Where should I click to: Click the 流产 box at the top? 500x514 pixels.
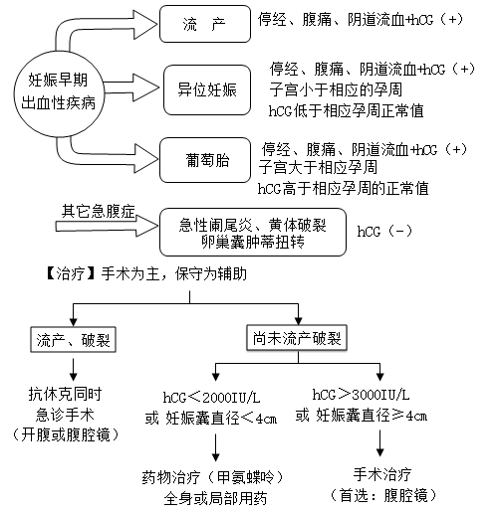tap(205, 24)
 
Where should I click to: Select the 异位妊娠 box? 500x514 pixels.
tap(207, 89)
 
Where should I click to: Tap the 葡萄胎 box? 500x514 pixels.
tap(205, 160)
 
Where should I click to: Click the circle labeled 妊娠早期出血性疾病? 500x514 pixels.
tap(59, 93)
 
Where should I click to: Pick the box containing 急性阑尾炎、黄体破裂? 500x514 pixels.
tap(253, 232)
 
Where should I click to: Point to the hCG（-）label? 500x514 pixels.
tap(384, 231)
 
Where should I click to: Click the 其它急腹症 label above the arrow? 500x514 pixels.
tap(99, 211)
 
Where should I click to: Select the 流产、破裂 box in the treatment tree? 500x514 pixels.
tap(73, 340)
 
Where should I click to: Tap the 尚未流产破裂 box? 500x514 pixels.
tap(297, 338)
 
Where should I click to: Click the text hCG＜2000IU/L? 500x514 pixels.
tap(211, 397)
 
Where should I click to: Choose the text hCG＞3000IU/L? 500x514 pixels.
tap(361, 395)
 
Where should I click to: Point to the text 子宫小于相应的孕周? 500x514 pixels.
tap(336, 89)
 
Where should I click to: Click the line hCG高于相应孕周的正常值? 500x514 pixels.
tap(343, 189)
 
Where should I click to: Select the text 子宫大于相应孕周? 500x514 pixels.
tap(318, 167)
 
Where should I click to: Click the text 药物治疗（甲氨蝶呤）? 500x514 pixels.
tap(213, 477)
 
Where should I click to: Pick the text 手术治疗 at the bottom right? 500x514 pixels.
tap(382, 474)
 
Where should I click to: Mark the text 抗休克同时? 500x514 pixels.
tap(65, 394)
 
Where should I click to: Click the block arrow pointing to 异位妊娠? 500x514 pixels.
tap(131, 87)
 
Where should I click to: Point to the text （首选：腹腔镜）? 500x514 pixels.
tap(382, 495)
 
